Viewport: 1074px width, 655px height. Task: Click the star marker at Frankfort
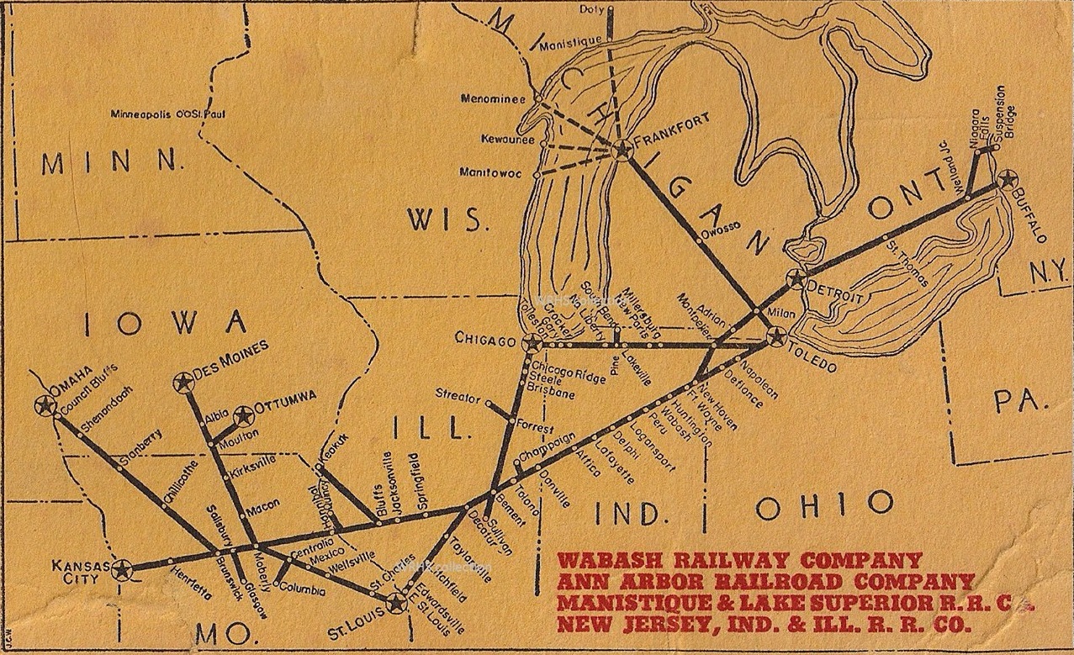click(622, 151)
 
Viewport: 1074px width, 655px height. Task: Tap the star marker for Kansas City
click(124, 570)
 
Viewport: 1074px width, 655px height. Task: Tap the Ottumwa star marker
click(244, 415)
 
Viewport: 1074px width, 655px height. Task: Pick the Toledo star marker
click(776, 338)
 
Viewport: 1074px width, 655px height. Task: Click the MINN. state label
click(112, 162)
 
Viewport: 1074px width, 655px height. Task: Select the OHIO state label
click(823, 504)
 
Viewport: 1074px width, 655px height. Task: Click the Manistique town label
click(571, 41)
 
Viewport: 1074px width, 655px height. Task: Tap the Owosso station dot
click(698, 242)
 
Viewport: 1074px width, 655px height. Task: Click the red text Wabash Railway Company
click(739, 560)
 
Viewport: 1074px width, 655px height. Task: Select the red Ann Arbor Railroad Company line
click(765, 582)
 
